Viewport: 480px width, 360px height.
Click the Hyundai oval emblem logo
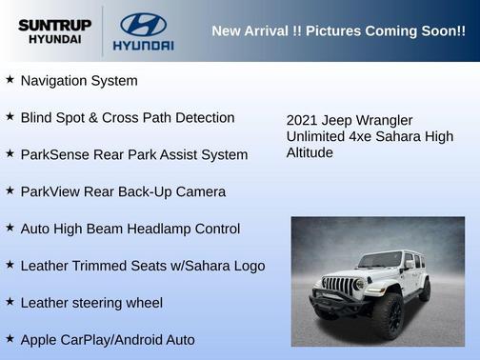click(143, 24)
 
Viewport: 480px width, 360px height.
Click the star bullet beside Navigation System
click(10, 80)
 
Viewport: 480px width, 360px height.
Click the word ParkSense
click(52, 155)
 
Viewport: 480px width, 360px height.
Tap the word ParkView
click(50, 191)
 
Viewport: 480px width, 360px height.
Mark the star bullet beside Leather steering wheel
click(10, 302)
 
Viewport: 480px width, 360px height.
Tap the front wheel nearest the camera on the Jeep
click(389, 315)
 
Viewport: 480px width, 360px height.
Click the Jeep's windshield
click(380, 260)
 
